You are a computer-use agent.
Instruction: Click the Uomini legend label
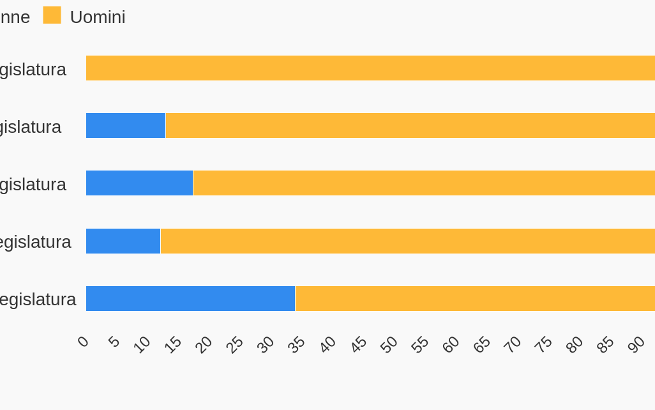[97, 17]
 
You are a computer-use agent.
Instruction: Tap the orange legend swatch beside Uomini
[52, 15]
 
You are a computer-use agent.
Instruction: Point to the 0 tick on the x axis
[83, 342]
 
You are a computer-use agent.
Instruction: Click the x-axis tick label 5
[114, 342]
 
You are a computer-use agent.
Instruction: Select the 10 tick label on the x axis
[142, 345]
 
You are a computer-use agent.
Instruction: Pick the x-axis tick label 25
[234, 345]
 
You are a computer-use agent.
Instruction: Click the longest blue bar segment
[190, 298]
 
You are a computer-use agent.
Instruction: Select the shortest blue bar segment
[123, 241]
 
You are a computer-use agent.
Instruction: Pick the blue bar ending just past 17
[139, 183]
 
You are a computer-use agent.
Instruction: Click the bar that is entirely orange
[370, 68]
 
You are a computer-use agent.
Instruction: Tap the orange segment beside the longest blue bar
[475, 298]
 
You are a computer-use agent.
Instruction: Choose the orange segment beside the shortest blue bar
[407, 241]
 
